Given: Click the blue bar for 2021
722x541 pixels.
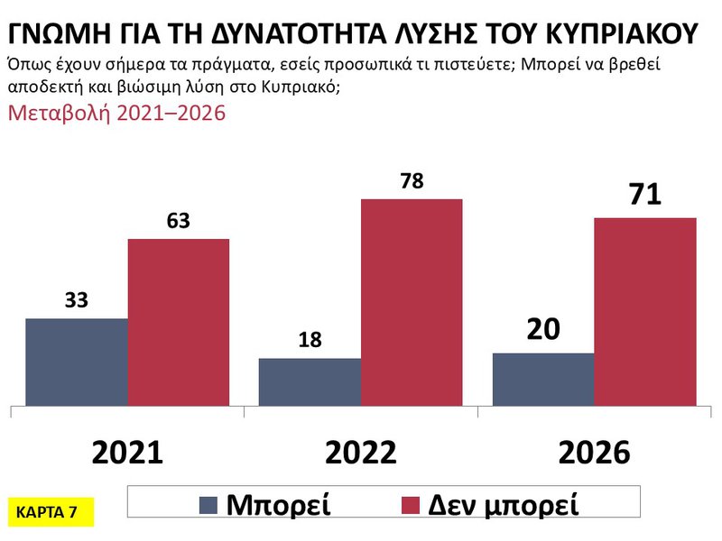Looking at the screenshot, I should (77, 362).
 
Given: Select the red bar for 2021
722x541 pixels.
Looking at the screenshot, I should (179, 322).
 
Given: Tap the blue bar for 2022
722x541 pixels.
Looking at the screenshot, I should (310, 381).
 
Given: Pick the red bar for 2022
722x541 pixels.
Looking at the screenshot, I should (412, 302).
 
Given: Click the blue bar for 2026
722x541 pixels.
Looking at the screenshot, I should (542, 379).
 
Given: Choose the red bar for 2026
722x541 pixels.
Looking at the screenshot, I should (644, 311).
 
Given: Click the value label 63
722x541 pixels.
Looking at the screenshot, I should (178, 222).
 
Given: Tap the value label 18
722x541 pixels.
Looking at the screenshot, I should (309, 341).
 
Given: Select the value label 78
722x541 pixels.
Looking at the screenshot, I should (411, 181).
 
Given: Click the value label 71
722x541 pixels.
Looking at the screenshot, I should (643, 196).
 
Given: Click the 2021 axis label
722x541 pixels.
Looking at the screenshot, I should (127, 453).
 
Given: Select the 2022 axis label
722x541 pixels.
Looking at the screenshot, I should (361, 453).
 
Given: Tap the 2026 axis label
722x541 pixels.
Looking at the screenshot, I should (593, 453).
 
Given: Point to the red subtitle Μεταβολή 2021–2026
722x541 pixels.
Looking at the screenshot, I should (116, 114).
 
